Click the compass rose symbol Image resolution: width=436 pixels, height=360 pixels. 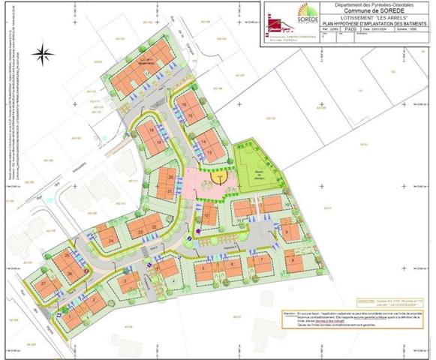pyautogui.click(x=42, y=52)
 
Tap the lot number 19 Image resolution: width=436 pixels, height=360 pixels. pyautogui.click(x=152, y=130)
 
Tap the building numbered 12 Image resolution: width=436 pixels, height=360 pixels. pyautogui.click(x=206, y=217)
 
